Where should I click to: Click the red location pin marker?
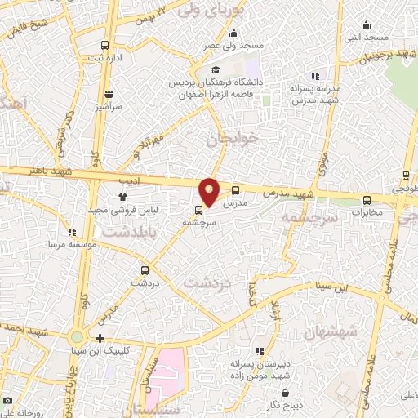(210, 191)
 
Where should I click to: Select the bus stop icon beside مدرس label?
(236, 190)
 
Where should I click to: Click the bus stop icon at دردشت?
(145, 270)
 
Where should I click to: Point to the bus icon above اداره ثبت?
(104, 46)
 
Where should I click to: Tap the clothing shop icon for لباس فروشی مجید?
(123, 197)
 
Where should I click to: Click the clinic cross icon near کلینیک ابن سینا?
(100, 338)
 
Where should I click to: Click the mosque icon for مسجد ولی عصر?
(234, 33)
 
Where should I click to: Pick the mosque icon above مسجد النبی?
(376, 25)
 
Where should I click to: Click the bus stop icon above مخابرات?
(366, 200)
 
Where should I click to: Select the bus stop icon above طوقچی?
(406, 176)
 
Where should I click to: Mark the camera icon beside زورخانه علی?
(7, 402)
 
